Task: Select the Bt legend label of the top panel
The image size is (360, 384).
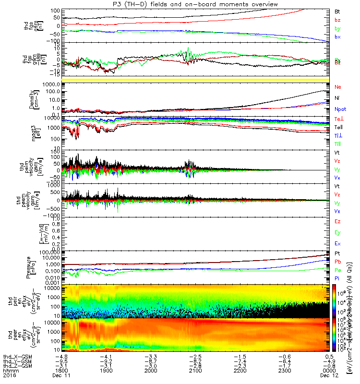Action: pyautogui.click(x=337, y=11)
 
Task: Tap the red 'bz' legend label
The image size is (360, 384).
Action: pyautogui.click(x=337, y=19)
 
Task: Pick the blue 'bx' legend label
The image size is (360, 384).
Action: pyautogui.click(x=337, y=37)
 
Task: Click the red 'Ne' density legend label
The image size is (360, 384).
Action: pyautogui.click(x=338, y=87)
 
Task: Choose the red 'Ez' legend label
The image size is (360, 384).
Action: pyautogui.click(x=337, y=222)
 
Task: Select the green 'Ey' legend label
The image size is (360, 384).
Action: pyautogui.click(x=337, y=233)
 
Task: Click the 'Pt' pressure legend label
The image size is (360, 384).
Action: pyautogui.click(x=337, y=253)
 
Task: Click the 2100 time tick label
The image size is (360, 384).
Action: pyautogui.click(x=195, y=371)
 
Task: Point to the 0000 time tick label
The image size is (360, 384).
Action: pyautogui.click(x=329, y=371)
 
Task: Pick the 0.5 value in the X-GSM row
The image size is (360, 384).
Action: pyautogui.click(x=330, y=356)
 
